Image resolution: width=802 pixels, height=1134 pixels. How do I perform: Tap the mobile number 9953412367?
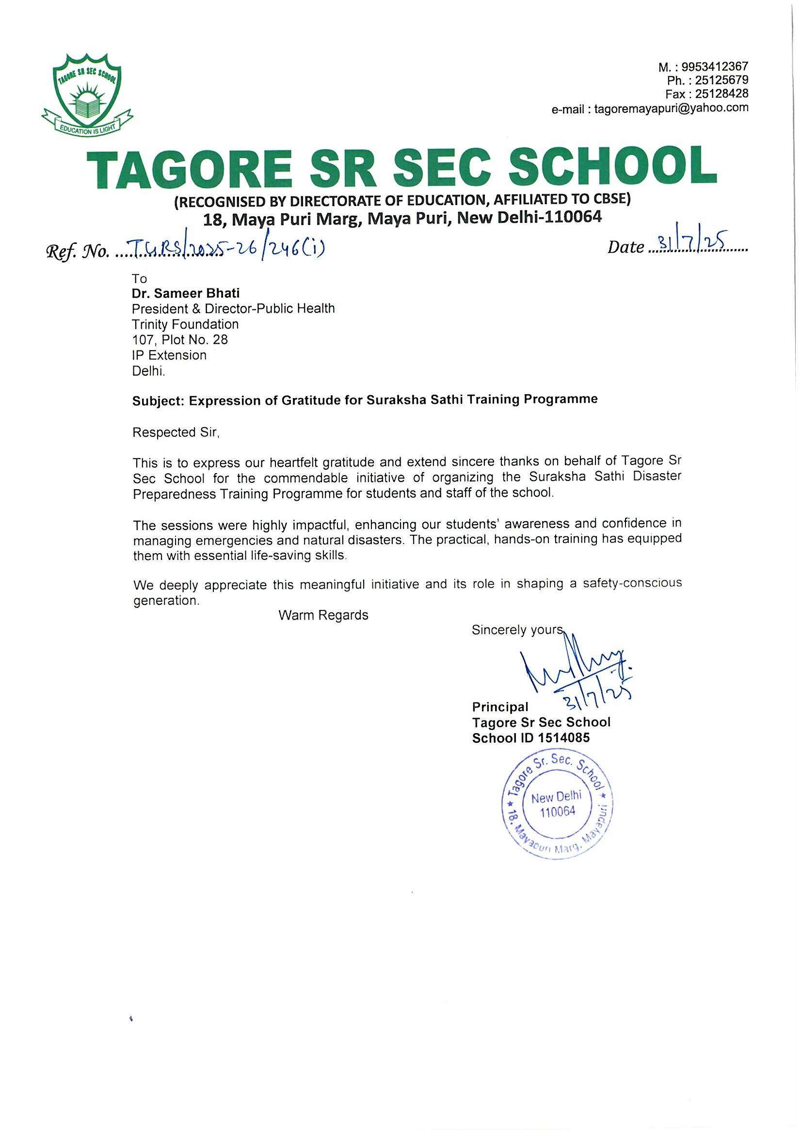[x=715, y=66]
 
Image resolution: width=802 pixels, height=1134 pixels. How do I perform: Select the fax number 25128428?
[x=722, y=94]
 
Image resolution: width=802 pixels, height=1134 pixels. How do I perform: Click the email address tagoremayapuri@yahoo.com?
[x=671, y=108]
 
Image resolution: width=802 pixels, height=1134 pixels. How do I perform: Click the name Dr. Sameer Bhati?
[x=186, y=293]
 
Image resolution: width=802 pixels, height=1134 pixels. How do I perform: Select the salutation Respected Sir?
[x=175, y=432]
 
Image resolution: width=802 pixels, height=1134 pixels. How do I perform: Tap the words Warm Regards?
[x=323, y=615]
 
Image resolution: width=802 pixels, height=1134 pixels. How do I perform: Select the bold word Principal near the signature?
[x=500, y=707]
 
